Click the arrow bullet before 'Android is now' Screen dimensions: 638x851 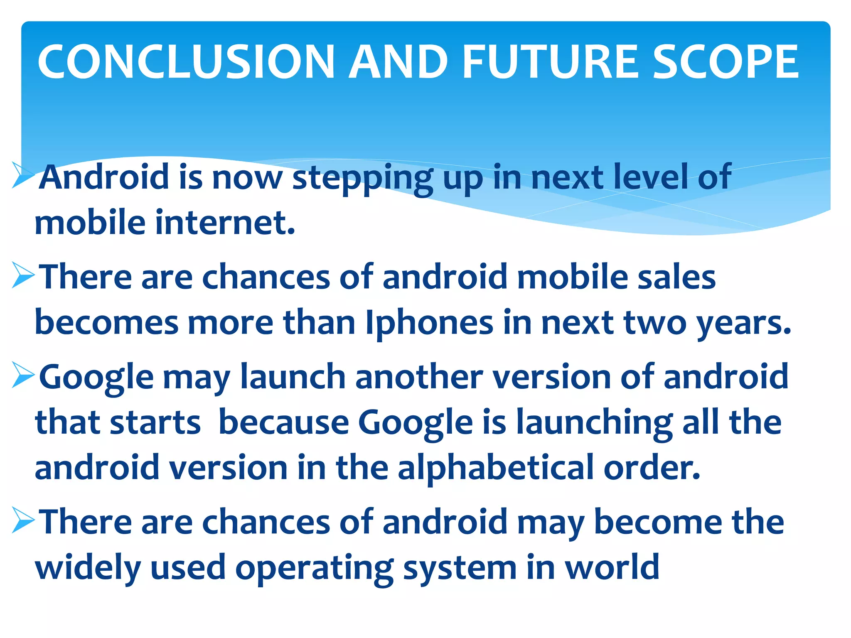click(x=23, y=175)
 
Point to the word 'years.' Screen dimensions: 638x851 click(x=744, y=323)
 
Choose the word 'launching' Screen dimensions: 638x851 click(x=595, y=423)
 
